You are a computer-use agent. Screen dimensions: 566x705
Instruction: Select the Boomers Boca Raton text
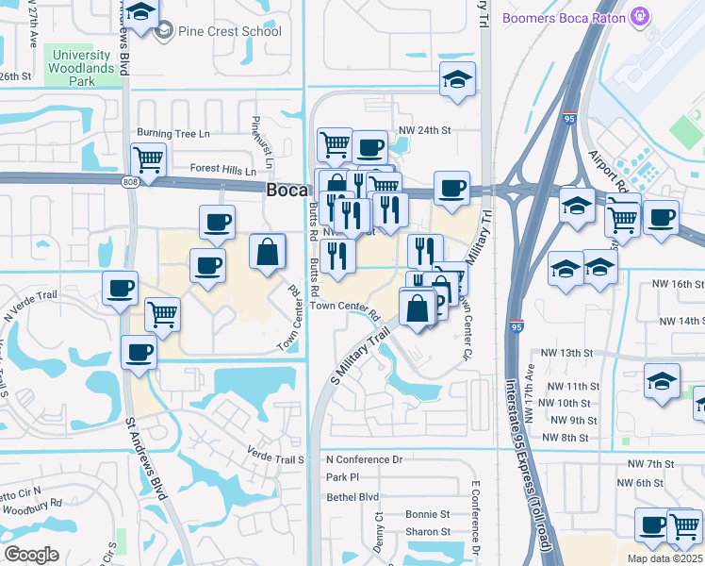pos(565,17)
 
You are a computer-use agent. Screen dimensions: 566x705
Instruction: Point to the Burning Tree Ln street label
pos(173,134)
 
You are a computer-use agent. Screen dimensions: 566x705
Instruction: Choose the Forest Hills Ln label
pos(222,171)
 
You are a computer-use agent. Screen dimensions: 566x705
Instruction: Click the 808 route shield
pos(129,180)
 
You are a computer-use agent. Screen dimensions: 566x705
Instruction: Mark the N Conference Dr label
pos(364,459)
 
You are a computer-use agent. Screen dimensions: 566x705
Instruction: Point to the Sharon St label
pos(427,532)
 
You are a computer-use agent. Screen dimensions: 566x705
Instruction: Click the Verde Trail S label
pos(277,458)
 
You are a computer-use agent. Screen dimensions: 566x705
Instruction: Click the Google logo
pos(31,555)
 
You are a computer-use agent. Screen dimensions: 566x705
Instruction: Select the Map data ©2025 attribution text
pos(665,558)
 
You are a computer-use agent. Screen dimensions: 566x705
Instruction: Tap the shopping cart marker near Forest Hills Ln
pos(148,159)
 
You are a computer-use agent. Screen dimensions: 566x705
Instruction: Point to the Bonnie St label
pos(427,514)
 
